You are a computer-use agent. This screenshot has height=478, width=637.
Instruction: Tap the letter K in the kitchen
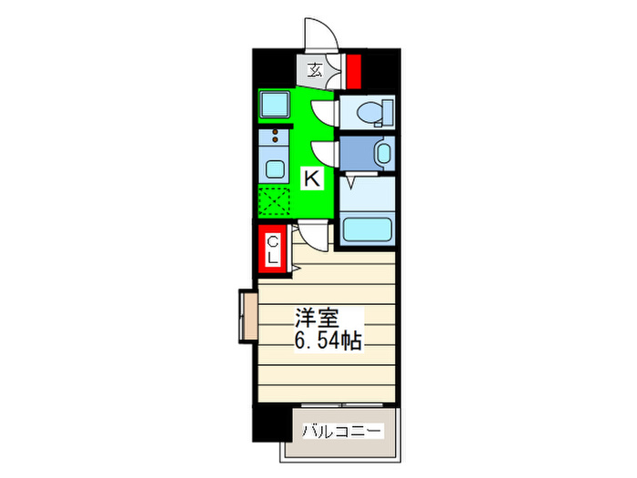311,179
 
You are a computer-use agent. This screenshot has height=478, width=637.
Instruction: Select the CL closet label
273,249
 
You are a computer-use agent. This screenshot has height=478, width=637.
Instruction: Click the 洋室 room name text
316,320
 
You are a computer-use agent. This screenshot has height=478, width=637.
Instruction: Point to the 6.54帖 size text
327,342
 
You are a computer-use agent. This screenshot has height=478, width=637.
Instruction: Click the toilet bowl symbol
372,113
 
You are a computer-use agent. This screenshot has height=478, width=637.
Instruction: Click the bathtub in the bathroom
367,229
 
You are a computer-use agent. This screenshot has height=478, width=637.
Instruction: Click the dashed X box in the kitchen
273,198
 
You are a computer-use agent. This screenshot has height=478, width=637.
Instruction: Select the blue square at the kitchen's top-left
273,105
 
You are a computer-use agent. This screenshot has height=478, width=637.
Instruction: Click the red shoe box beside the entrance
353,68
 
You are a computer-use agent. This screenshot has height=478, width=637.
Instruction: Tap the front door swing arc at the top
318,32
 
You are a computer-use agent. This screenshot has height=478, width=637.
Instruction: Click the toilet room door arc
323,112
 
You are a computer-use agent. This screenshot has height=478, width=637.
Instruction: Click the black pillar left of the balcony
269,428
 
